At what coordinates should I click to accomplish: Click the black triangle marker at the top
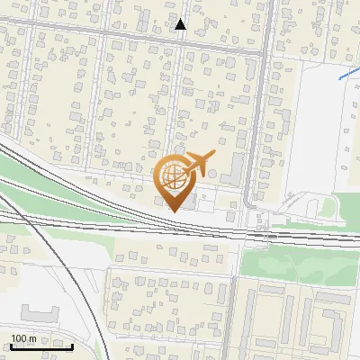coord(181,24)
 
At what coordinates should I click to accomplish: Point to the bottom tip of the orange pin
coord(173,211)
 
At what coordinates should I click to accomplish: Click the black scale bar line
coord(41,346)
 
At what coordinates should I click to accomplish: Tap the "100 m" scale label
coord(24,338)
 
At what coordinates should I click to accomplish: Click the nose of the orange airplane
coord(213,157)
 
